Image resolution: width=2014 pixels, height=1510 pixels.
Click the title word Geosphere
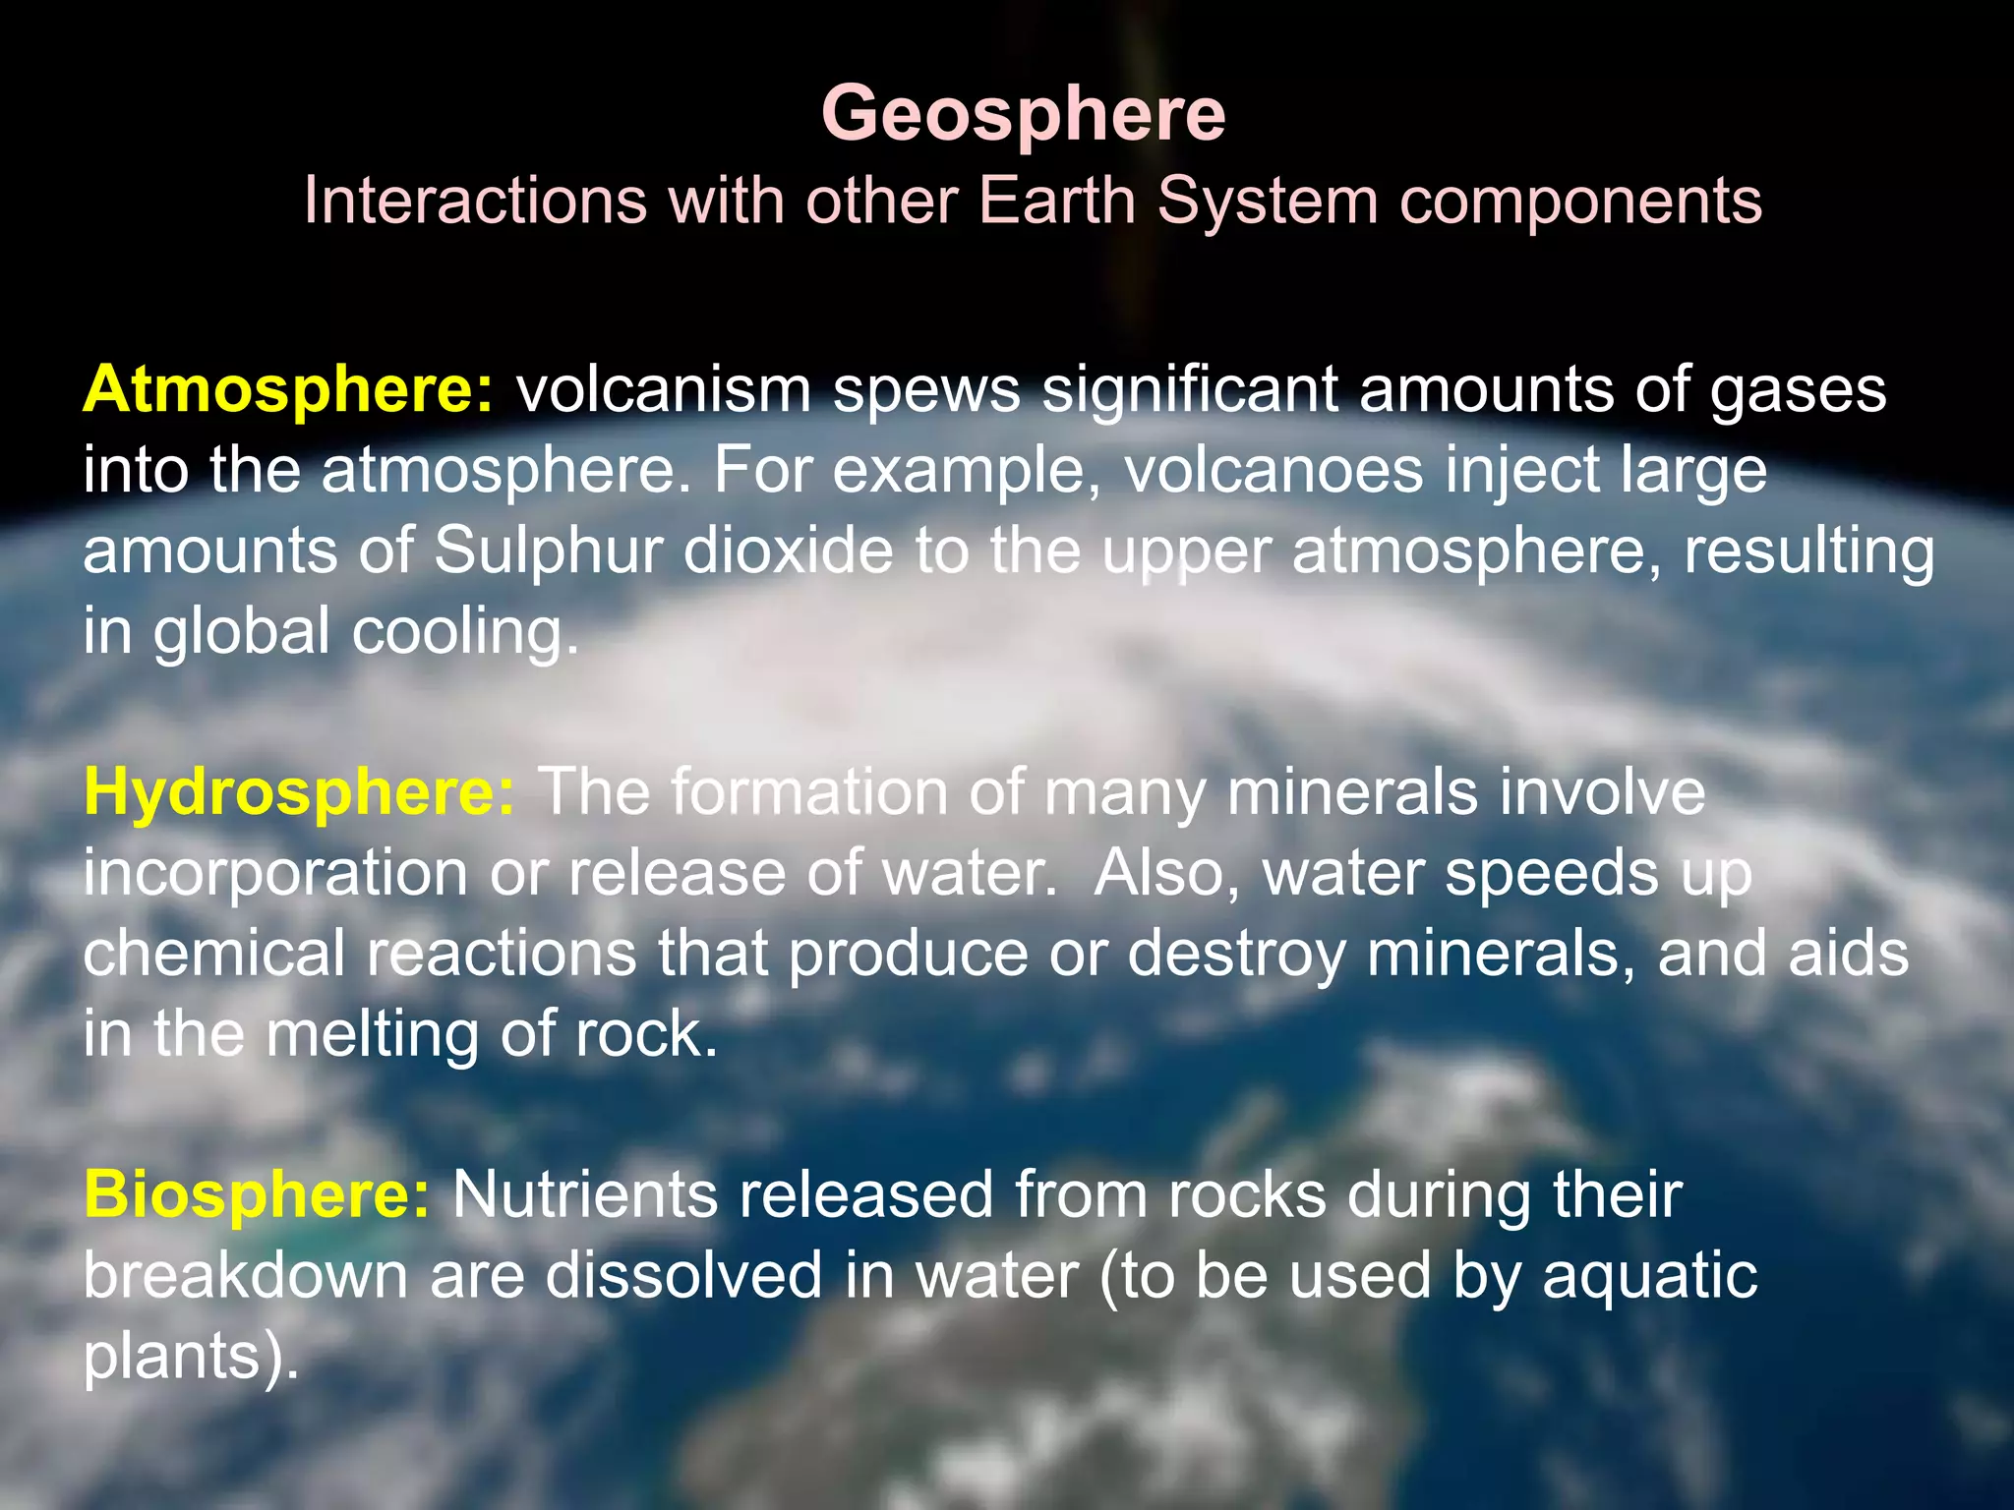coord(1023,114)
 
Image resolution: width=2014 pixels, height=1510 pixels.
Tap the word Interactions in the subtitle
coord(474,201)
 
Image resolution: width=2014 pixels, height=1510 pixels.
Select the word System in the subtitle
coord(1267,201)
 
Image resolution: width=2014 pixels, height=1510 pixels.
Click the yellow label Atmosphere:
coord(287,389)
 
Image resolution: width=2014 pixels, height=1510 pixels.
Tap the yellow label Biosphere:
coord(256,1195)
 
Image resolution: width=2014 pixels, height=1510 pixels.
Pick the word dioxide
coord(788,551)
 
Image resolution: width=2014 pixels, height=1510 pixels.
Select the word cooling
coord(464,631)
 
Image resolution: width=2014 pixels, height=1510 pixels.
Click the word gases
coord(1799,389)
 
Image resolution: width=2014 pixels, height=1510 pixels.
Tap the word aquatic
coord(1649,1276)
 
